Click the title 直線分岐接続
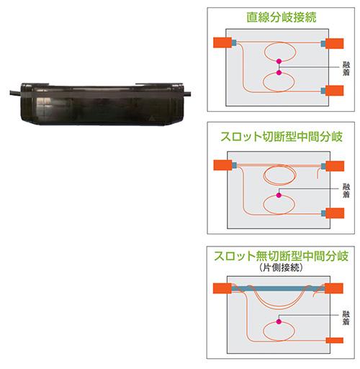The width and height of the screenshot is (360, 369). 282,17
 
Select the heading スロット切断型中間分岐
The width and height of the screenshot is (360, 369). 282,137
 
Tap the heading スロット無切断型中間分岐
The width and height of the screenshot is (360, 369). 281,256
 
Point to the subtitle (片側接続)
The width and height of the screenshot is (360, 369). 281,267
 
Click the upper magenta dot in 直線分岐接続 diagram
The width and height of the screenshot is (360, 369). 279,61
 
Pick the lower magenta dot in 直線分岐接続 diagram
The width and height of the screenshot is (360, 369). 279,72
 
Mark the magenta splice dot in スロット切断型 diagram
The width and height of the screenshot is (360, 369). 279,195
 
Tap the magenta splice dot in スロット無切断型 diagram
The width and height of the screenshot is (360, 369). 279,321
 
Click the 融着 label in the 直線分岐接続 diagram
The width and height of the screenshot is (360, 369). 346,68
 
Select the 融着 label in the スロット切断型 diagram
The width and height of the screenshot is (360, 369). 346,190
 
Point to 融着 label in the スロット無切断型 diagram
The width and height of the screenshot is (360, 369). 346,318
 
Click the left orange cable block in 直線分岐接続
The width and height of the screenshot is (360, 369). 222,43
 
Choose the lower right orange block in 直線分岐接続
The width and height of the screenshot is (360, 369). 334,91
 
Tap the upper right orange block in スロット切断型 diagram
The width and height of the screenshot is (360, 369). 335,166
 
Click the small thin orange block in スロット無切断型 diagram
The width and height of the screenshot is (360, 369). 334,340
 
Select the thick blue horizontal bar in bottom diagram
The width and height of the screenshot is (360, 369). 279,288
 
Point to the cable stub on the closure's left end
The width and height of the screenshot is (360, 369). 15,93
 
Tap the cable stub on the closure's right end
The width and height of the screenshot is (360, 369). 187,94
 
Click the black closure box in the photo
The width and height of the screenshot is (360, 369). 102,104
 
